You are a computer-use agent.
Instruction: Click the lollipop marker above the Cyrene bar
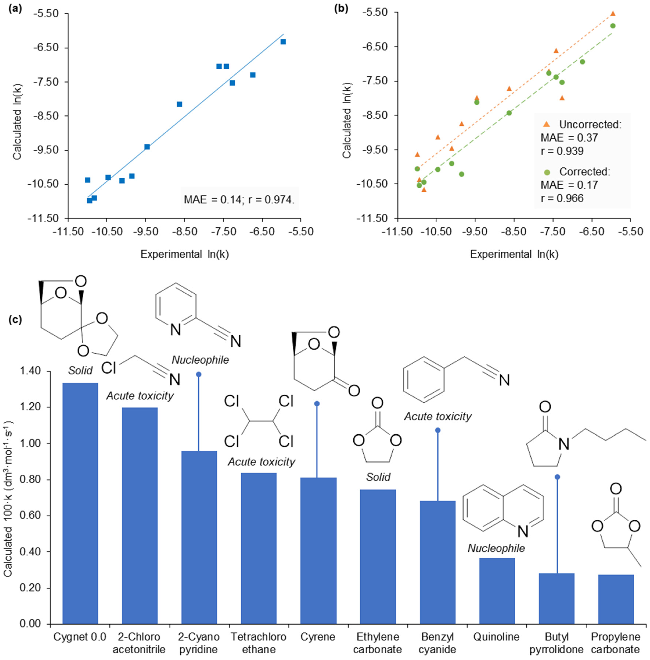click(x=317, y=403)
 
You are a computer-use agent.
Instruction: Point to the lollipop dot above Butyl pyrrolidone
click(x=557, y=477)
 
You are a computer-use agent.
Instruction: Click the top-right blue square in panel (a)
click(x=283, y=42)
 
